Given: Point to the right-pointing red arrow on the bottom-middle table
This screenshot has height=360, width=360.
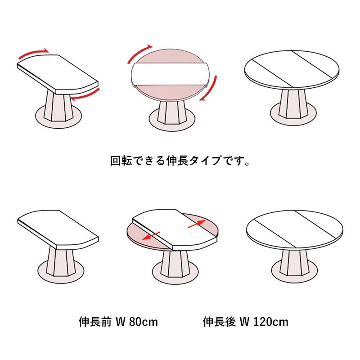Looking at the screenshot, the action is pyautogui.click(x=197, y=224).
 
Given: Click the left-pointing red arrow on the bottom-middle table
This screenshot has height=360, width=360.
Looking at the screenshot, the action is pyautogui.click(x=151, y=236).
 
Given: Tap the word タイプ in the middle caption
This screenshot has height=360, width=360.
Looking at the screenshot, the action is pyautogui.click(x=206, y=161).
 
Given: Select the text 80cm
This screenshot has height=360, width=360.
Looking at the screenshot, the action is pyautogui.click(x=144, y=322).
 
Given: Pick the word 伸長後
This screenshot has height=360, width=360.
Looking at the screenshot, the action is pyautogui.click(x=219, y=322).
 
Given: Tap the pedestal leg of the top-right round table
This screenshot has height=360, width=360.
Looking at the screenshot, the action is pyautogui.click(x=293, y=104).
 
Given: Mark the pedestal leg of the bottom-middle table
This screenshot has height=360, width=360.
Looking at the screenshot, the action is pyautogui.click(x=175, y=264).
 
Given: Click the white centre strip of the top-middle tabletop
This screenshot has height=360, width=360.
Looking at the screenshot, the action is pyautogui.click(x=170, y=74).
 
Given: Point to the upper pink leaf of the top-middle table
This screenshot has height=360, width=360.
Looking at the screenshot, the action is pyautogui.click(x=170, y=56).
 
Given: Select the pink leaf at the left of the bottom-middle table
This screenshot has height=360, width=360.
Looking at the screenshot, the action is pyautogui.click(x=147, y=237).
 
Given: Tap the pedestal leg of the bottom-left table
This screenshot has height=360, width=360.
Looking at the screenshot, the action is pyautogui.click(x=61, y=261).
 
